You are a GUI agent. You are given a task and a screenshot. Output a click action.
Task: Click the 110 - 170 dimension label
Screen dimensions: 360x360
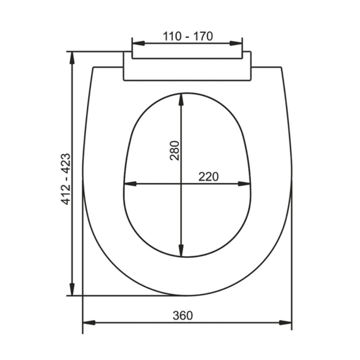point(188,36)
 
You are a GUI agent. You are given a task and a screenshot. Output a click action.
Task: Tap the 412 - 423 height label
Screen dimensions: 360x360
point(66,179)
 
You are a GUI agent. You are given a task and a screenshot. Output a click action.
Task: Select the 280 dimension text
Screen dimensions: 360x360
point(174,151)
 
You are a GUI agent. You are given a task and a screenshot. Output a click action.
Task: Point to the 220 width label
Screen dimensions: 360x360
point(208,177)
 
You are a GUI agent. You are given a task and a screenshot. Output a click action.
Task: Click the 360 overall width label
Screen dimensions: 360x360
point(183,316)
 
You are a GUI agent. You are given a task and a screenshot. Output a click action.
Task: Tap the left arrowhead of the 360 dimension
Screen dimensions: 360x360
point(89,323)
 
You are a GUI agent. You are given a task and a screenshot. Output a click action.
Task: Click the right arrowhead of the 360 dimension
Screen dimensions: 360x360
point(286,323)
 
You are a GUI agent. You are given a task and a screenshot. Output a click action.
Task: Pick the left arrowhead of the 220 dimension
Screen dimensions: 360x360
point(130,184)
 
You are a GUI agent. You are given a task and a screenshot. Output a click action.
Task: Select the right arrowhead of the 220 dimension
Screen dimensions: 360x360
point(244,184)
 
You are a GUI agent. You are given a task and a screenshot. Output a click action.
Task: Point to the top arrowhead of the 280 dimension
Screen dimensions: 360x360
point(181,100)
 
